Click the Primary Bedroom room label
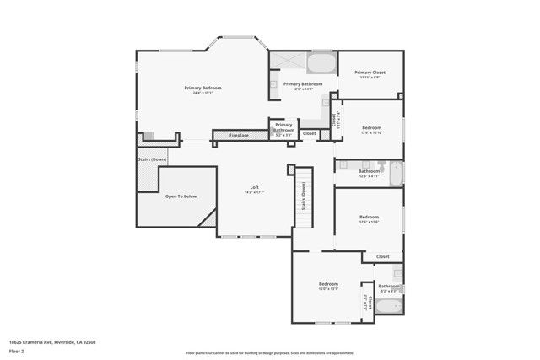coord(202,88)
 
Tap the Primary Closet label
coord(370,73)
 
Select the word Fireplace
coord(239,135)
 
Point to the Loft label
coord(254,187)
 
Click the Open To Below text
coord(181,196)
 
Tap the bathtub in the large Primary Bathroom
coord(320,63)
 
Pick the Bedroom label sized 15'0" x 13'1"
coord(328,284)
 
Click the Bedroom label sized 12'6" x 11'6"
coord(369,217)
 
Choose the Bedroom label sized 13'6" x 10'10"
coord(371,127)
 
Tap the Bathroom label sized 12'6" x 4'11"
coord(369,171)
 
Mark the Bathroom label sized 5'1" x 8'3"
coord(389,286)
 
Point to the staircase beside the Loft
coord(304,197)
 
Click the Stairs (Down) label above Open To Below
coord(152,159)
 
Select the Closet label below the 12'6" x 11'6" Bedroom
coord(382,256)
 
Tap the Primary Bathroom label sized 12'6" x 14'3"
coord(302,84)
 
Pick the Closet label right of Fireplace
coord(310,133)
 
